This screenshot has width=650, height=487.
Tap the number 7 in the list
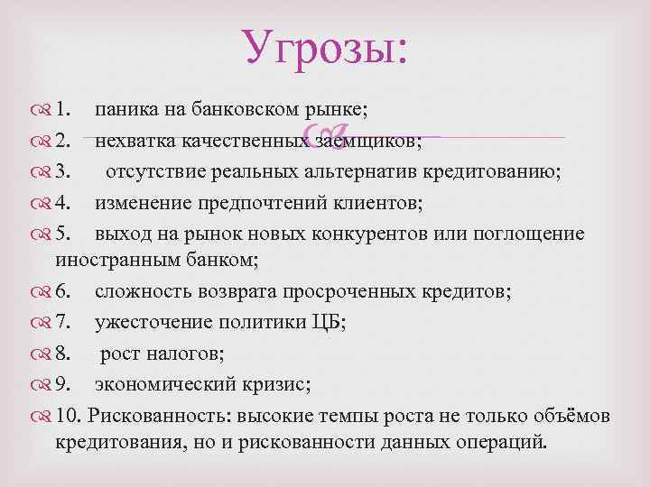(62, 326)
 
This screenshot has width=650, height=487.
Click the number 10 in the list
(67, 418)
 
